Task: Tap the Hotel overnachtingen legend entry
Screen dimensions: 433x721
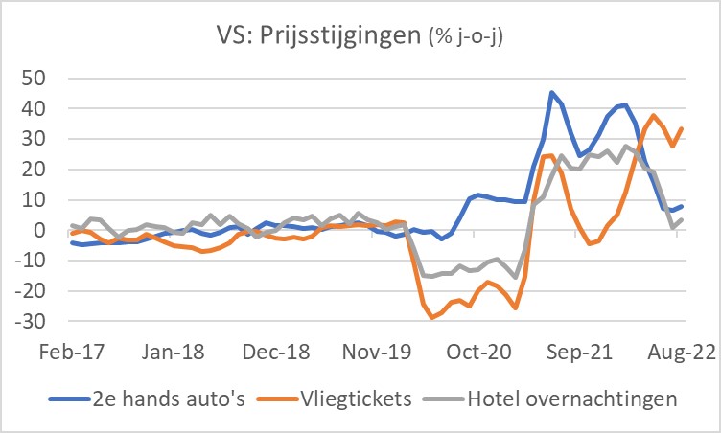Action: [560, 397]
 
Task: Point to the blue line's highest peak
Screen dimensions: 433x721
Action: [552, 93]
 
